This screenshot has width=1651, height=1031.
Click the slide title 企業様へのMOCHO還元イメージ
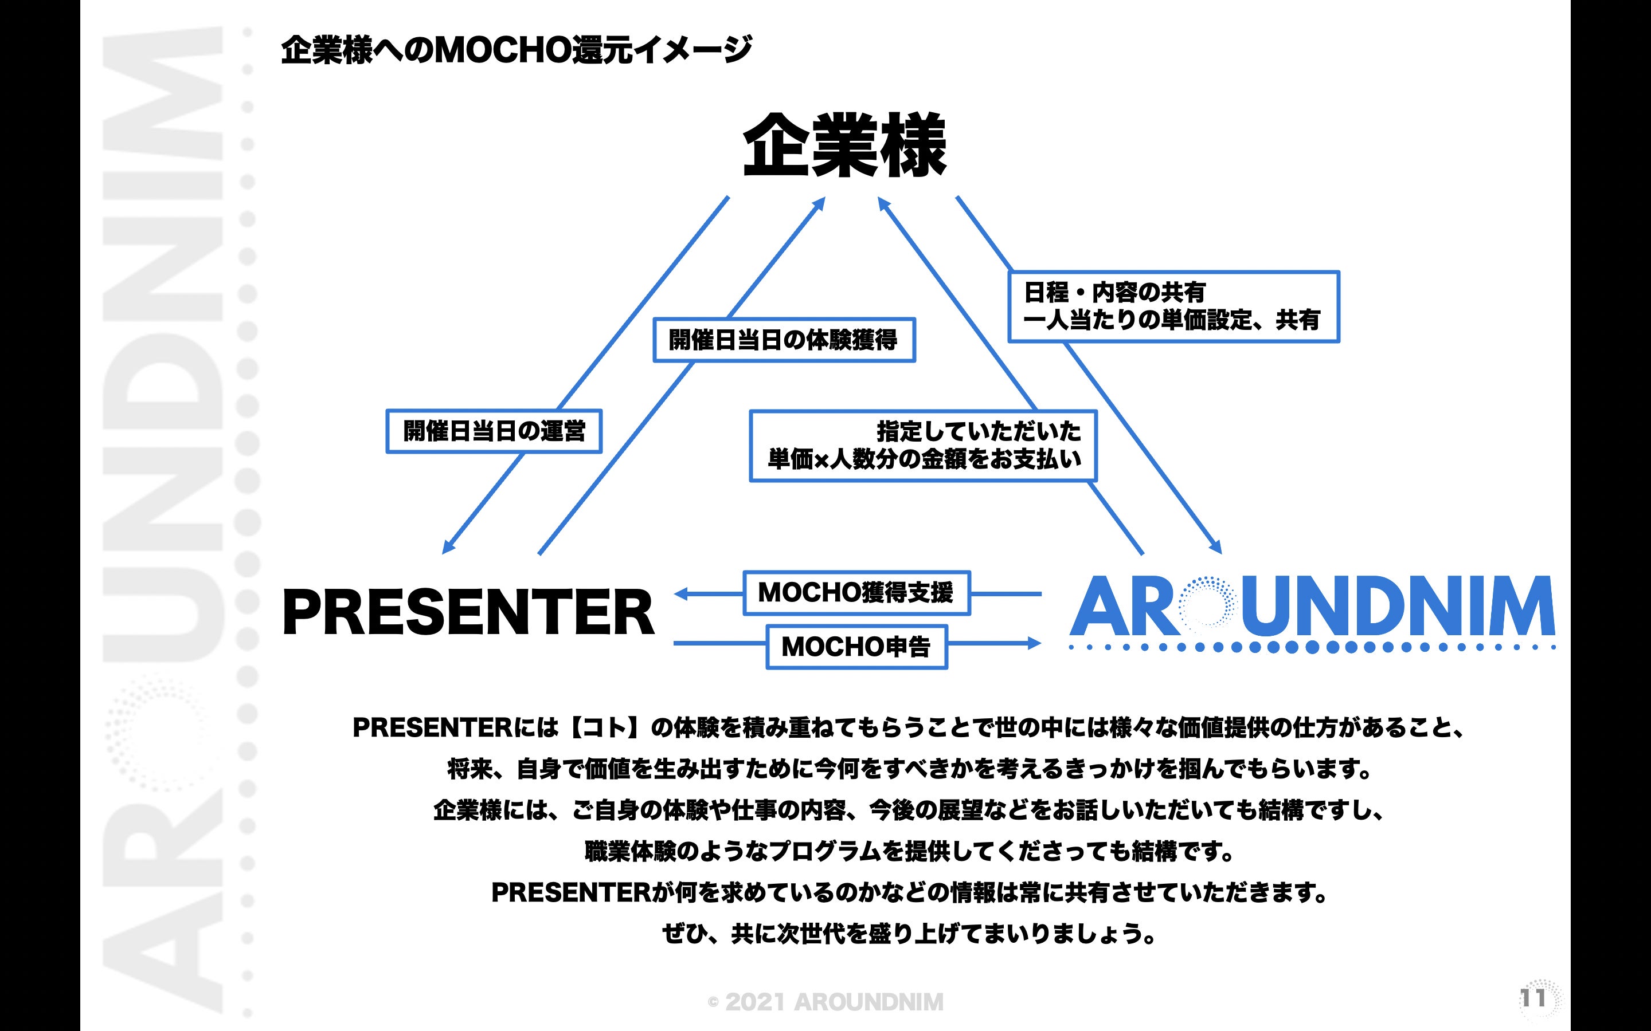(516, 50)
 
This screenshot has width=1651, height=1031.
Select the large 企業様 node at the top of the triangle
(844, 146)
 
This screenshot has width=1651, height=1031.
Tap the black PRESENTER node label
(468, 612)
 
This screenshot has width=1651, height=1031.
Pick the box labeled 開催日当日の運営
(494, 431)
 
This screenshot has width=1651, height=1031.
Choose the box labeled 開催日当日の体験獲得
(783, 340)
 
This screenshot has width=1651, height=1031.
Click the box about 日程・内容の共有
(1173, 306)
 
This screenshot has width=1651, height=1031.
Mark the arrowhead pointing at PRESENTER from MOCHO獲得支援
(681, 594)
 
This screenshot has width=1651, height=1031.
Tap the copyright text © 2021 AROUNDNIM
(825, 1002)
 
